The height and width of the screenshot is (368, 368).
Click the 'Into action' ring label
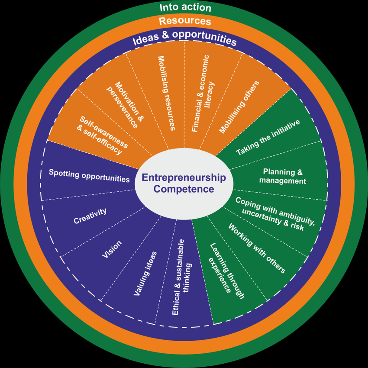[185, 8]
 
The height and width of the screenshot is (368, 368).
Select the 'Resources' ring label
[185, 21]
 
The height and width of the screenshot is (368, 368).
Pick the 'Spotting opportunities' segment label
[89, 176]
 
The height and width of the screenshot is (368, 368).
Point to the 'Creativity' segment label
[90, 216]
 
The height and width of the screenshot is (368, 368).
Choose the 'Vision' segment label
[112, 249]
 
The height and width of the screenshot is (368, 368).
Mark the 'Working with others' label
[257, 249]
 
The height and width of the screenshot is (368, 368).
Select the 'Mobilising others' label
[239, 107]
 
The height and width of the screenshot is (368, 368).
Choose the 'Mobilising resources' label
[166, 93]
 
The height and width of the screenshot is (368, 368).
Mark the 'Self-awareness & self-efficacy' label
[103, 136]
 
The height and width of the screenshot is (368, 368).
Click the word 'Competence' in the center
[184, 189]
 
